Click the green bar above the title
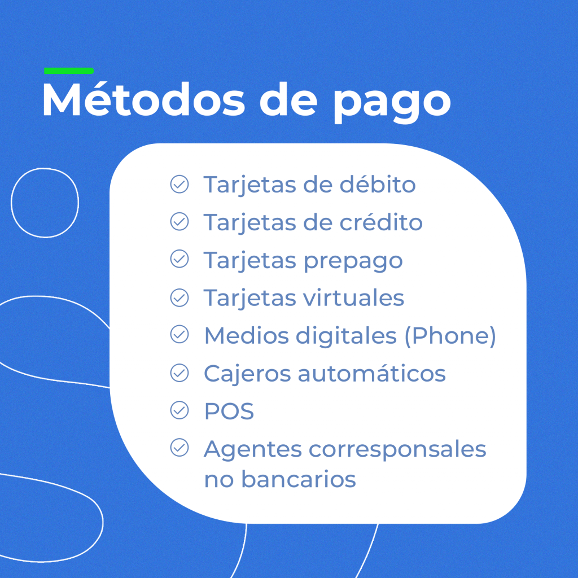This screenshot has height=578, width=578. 69,71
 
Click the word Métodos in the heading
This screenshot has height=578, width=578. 144,99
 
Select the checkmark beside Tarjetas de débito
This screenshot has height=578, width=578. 179,184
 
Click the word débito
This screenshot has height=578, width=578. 378,185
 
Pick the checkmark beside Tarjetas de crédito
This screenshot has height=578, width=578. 179,221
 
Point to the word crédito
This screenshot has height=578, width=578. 381,222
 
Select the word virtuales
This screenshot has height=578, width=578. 354,297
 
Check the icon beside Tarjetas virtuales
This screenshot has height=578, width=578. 179,297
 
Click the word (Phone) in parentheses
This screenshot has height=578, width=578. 450,336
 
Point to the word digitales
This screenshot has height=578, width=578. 346,337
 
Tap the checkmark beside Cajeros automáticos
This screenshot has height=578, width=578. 179,373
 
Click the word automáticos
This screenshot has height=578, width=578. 371,373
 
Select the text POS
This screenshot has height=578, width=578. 229,411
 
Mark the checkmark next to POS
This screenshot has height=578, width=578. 179,410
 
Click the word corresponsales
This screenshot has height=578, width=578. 397,449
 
